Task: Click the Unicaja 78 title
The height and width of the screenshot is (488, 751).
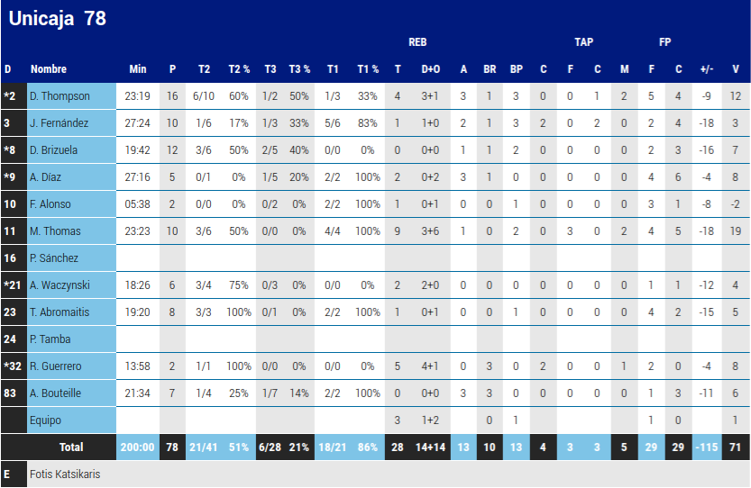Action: (57, 18)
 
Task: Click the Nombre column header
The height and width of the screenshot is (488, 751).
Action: (49, 69)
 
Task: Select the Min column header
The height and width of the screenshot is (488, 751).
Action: (137, 69)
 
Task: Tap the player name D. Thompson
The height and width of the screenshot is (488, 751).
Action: (60, 96)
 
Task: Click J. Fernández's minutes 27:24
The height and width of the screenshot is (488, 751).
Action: (137, 123)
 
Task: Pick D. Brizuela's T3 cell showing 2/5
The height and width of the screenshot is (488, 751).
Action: (270, 150)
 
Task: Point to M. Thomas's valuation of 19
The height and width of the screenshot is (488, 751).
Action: (735, 231)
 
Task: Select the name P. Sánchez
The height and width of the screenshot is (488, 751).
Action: (54, 258)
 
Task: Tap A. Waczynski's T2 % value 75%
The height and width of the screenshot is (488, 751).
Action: (238, 285)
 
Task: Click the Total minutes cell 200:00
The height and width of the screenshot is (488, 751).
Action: (137, 447)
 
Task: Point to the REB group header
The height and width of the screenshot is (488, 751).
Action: (417, 42)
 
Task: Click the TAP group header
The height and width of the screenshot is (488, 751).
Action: (583, 42)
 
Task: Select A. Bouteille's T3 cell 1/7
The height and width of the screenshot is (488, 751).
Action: (270, 393)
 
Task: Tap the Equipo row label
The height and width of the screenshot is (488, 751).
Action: (46, 420)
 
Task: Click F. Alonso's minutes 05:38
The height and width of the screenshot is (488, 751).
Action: (137, 204)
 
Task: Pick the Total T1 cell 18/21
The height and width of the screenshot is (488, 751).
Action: (333, 447)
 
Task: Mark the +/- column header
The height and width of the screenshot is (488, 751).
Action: (706, 69)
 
